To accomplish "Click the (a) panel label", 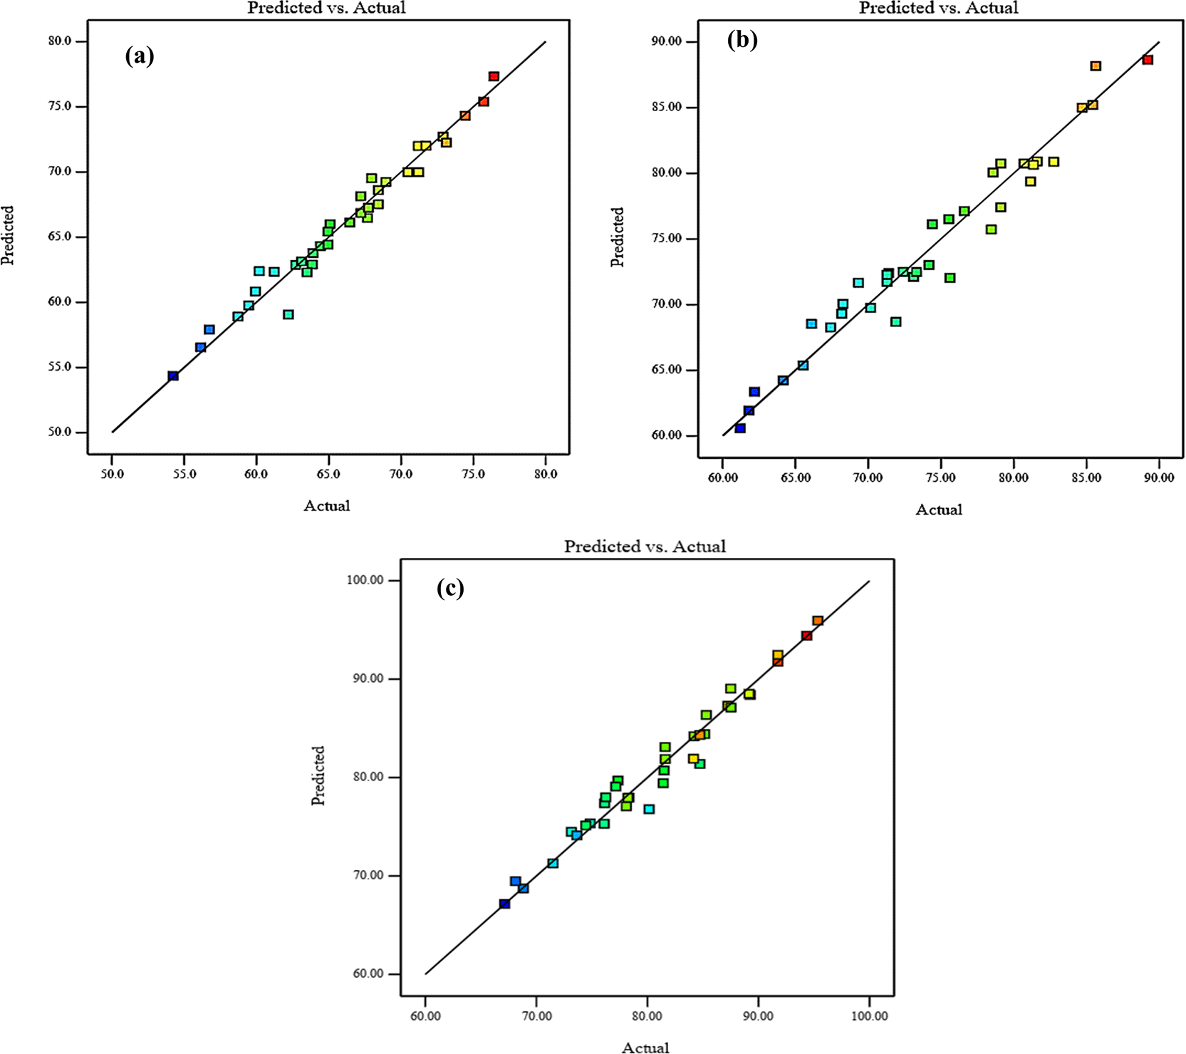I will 140,56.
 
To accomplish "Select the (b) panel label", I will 742,40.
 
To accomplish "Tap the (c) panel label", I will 450,588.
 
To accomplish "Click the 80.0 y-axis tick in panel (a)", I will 60,41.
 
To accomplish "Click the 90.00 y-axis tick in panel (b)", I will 666,42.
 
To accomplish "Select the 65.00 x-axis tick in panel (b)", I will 795,477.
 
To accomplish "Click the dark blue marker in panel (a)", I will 173,376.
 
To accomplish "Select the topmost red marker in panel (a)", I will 494,76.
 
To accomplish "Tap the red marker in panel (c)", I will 806,636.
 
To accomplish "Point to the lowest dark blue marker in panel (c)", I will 504,904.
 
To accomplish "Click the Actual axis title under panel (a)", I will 327,506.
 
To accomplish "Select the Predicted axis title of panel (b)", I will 617,237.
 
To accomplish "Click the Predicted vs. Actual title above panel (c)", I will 645,547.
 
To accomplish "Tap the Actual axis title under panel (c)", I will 645,1047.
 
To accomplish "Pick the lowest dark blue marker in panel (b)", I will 740,428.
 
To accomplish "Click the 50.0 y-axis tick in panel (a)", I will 60,433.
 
